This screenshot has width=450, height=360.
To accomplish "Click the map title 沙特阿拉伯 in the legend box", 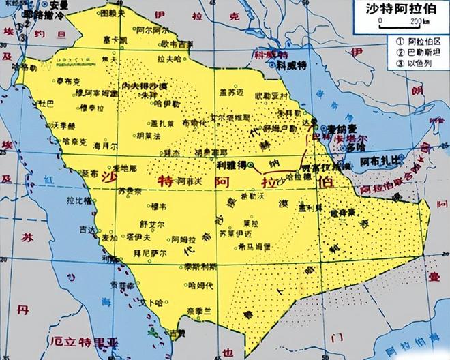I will coord(402,10).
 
